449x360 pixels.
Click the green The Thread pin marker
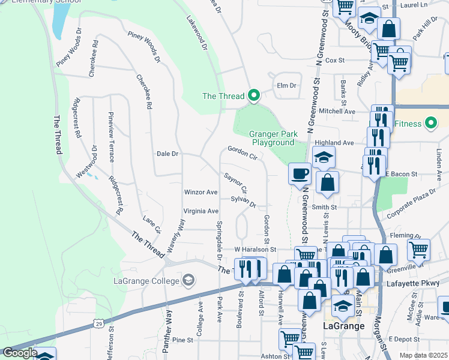(x=253, y=95)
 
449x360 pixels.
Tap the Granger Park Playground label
(x=273, y=138)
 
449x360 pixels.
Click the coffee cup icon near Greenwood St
(x=300, y=175)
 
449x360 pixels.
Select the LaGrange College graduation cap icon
(x=188, y=281)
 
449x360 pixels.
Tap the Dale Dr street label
(x=167, y=154)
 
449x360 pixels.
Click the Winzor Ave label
(x=200, y=192)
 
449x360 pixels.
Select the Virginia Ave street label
(x=200, y=211)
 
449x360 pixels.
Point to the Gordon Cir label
(x=242, y=154)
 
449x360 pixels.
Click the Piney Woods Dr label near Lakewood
(x=144, y=46)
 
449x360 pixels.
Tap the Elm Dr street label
(x=286, y=85)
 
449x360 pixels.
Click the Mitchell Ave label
(x=337, y=111)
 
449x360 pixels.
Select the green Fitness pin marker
(x=430, y=124)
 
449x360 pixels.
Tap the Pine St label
(x=181, y=340)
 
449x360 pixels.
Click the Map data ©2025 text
(x=423, y=355)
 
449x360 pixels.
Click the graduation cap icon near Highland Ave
(x=323, y=158)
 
